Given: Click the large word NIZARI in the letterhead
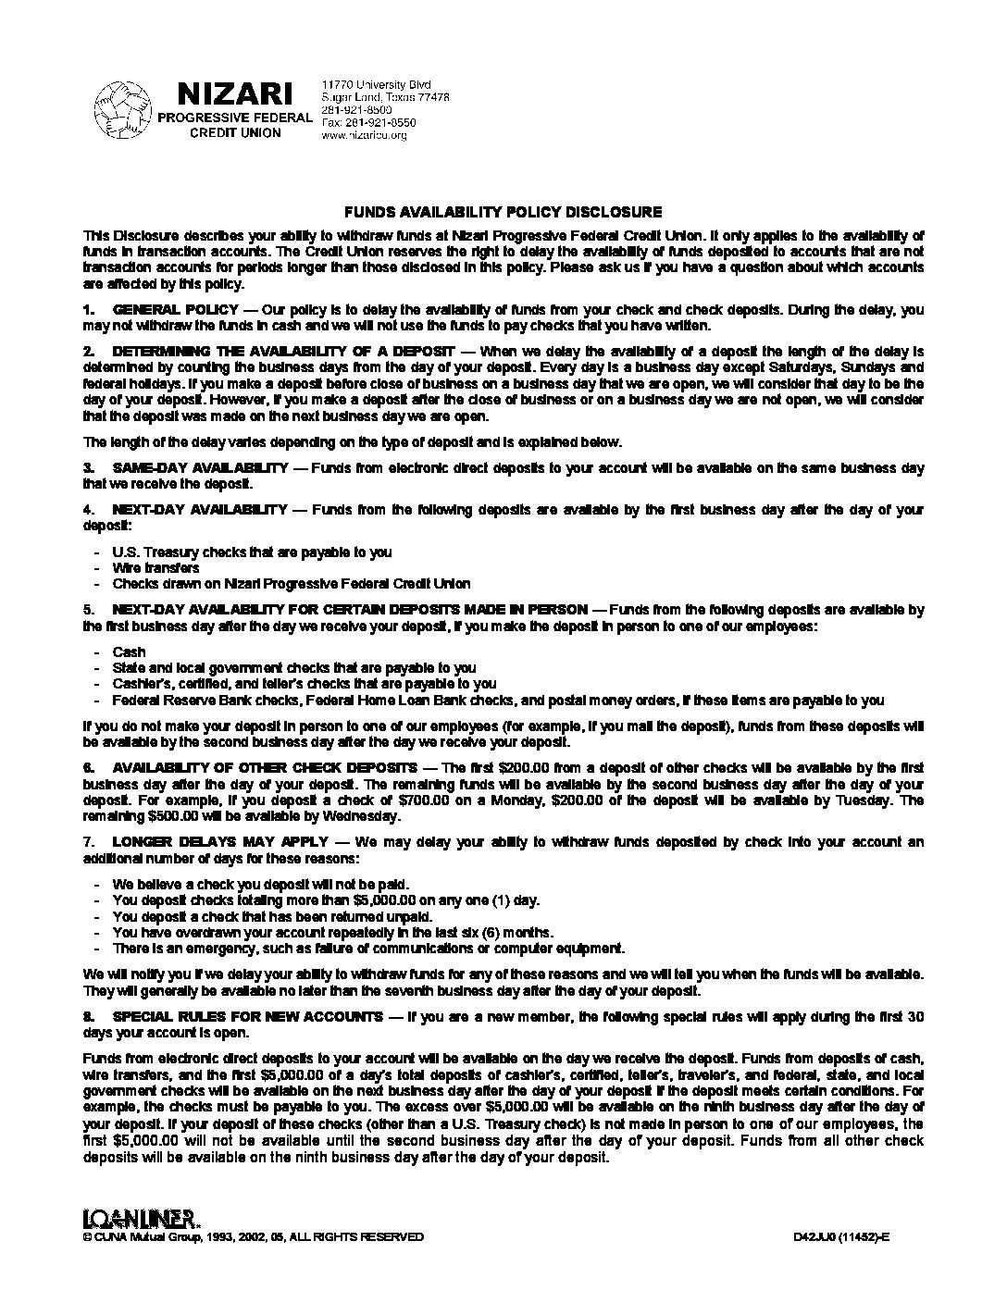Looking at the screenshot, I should pyautogui.click(x=235, y=93).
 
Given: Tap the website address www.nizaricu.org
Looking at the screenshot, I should pyautogui.click(x=364, y=135).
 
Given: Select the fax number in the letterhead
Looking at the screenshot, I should pyautogui.click(x=368, y=122).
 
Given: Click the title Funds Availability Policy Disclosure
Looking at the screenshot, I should pyautogui.click(x=503, y=212).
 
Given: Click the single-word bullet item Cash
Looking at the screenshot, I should pyautogui.click(x=129, y=651).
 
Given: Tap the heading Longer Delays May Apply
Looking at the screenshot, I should pyautogui.click(x=219, y=842).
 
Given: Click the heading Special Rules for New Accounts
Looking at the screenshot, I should pyautogui.click(x=246, y=1016).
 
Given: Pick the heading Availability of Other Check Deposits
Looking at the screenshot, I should pyautogui.click(x=265, y=768).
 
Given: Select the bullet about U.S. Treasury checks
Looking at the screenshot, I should pyautogui.click(x=252, y=552).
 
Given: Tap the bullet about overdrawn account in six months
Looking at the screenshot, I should pyautogui.click(x=333, y=932).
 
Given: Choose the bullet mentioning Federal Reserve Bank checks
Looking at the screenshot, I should pyautogui.click(x=498, y=700).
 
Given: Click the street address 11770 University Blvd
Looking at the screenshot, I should pyautogui.click(x=376, y=85).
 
